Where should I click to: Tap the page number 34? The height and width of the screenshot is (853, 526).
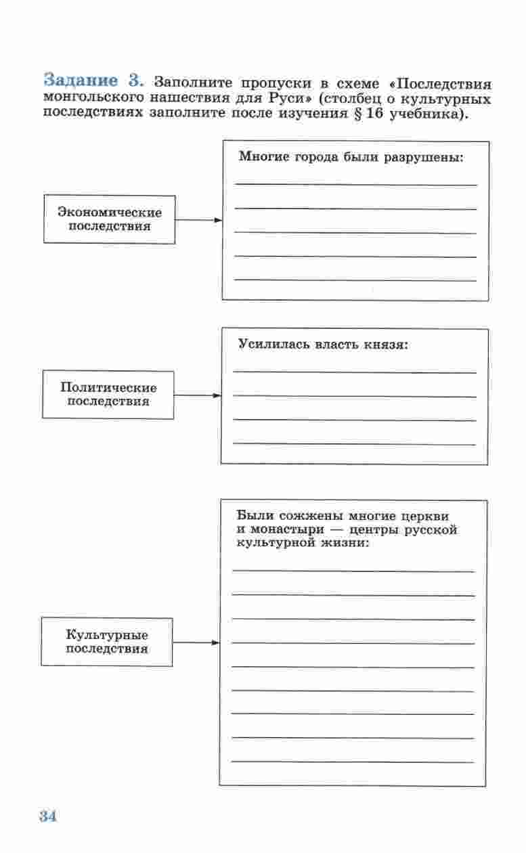click(47, 816)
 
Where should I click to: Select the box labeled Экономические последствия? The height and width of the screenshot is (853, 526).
click(110, 219)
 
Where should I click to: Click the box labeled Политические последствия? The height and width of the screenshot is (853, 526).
click(108, 395)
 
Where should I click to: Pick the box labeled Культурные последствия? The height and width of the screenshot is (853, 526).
click(107, 642)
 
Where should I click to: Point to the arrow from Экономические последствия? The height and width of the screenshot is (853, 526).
click(198, 220)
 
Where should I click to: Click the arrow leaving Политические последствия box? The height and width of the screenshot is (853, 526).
click(197, 395)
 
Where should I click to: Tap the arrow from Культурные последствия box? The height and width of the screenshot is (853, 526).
click(196, 642)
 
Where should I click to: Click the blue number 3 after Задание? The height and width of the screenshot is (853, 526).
click(136, 80)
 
